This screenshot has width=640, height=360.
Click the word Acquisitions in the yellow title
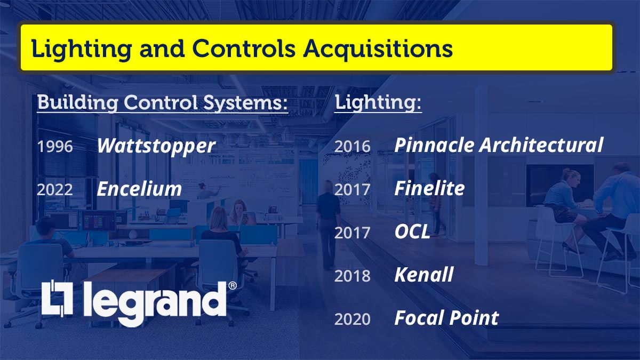point(378,49)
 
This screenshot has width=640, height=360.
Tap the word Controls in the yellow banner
point(244,49)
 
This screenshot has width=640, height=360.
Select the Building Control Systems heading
point(162,103)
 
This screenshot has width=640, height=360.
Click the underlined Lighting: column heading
point(378,103)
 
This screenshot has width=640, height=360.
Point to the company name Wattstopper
point(156,146)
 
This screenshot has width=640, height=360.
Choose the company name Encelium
point(139,189)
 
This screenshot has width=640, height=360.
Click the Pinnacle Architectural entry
point(498,145)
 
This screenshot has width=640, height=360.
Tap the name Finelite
point(429,188)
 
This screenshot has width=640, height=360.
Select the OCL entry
point(412,232)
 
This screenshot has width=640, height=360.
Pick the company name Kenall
point(423,275)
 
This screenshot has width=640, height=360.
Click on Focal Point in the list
point(446,318)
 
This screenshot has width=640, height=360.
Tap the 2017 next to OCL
point(352,233)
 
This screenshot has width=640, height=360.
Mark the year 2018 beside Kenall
point(352,276)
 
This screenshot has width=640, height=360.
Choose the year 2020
point(352,319)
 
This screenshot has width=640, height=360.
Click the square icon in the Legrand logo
point(56,300)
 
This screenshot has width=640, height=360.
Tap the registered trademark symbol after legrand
point(233,286)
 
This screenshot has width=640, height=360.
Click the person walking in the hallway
point(326,224)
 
